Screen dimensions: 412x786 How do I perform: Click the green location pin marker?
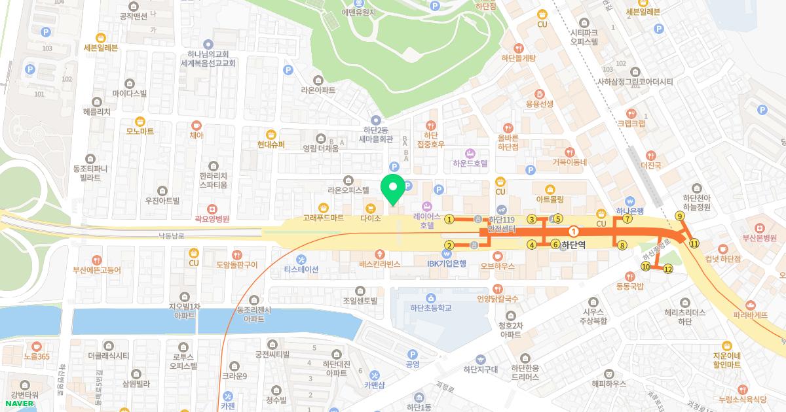393,190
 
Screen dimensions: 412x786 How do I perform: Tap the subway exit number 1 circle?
449,219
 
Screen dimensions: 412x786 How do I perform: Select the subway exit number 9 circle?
680,216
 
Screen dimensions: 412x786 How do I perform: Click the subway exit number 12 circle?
668,269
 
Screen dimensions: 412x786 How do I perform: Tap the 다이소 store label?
371,218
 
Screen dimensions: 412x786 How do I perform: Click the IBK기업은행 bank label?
447,264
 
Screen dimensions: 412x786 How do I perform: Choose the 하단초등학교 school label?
431,307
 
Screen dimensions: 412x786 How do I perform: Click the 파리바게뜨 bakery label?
751,314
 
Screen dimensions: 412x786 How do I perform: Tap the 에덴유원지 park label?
359,12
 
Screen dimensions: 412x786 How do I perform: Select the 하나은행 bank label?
630,211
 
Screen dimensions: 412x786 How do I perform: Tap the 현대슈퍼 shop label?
271,144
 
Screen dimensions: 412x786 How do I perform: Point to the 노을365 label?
37,356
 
